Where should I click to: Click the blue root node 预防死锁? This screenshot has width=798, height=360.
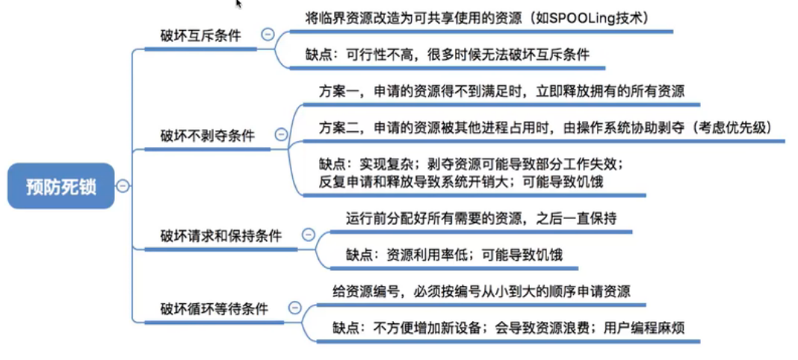[61, 186]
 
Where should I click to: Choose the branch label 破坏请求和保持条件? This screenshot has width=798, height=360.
[221, 236]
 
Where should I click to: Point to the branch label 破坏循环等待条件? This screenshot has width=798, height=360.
[214, 308]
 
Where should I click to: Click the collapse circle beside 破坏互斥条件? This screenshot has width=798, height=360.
[267, 34]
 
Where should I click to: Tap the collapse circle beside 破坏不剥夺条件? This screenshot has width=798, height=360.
[281, 134]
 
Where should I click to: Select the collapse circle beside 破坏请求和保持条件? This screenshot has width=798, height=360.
[308, 235]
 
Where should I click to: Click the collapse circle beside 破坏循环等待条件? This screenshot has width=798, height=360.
[294, 307]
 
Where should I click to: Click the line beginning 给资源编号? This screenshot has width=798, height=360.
[480, 291]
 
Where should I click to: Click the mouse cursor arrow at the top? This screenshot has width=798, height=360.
[239, 4]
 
